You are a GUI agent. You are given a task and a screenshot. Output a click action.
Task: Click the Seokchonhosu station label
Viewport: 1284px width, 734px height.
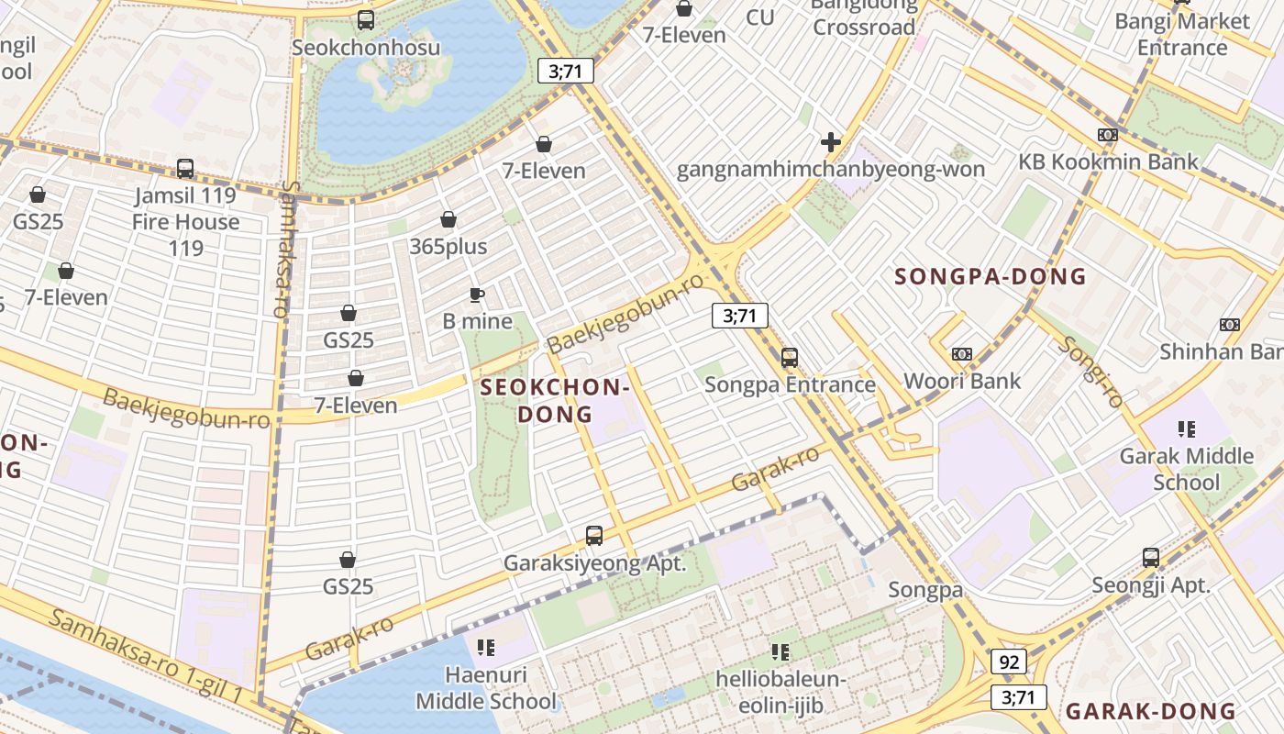pyautogui.click(x=365, y=48)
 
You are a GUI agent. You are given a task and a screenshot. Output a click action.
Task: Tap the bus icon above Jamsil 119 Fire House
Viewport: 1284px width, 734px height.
pyautogui.click(x=185, y=169)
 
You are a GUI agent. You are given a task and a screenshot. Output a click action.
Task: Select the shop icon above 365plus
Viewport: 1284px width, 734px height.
pyautogui.click(x=448, y=219)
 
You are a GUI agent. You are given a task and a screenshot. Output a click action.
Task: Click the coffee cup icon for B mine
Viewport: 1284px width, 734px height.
pyautogui.click(x=476, y=295)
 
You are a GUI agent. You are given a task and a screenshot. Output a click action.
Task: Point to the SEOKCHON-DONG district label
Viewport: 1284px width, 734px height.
pyautogui.click(x=555, y=401)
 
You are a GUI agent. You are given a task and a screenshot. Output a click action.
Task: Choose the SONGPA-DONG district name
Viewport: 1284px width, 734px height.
pyautogui.click(x=990, y=276)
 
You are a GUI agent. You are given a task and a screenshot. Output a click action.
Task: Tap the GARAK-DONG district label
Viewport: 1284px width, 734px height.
pyautogui.click(x=1150, y=711)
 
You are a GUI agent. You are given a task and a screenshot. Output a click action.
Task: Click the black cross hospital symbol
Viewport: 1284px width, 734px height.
pyautogui.click(x=831, y=142)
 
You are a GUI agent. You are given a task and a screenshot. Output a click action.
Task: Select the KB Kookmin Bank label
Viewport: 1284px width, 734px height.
pyautogui.click(x=1108, y=162)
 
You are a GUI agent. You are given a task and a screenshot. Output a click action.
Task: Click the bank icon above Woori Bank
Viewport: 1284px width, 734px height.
pyautogui.click(x=961, y=354)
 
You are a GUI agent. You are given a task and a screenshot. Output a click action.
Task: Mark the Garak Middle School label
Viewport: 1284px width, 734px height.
pyautogui.click(x=1187, y=469)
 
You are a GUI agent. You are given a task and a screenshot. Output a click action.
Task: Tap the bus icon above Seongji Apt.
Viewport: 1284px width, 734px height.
pyautogui.click(x=1151, y=558)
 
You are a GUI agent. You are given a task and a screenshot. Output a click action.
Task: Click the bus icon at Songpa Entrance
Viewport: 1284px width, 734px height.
pyautogui.click(x=790, y=358)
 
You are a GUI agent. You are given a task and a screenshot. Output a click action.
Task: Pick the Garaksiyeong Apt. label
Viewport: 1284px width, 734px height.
pyautogui.click(x=594, y=563)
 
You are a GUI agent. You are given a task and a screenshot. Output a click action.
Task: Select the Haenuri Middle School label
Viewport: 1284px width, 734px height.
pyautogui.click(x=486, y=688)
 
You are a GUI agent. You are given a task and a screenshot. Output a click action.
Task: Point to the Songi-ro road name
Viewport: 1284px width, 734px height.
pyautogui.click(x=1090, y=372)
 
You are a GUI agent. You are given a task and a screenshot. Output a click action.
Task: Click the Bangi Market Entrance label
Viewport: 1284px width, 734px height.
pyautogui.click(x=1182, y=34)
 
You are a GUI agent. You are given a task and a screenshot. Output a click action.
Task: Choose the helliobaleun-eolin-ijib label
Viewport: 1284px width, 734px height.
pyautogui.click(x=780, y=693)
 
